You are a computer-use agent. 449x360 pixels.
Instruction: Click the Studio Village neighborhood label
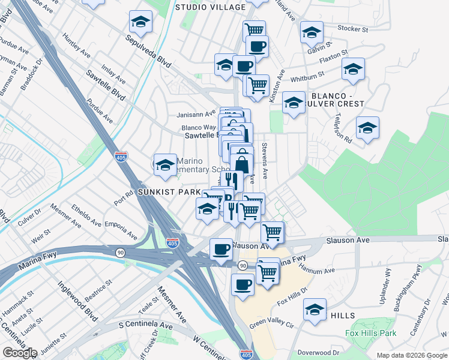click(x=210, y=7)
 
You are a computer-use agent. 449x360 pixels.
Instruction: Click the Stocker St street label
click(x=352, y=28)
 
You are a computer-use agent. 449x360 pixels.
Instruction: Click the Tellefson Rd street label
click(x=343, y=127)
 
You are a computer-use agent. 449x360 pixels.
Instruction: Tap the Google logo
click(x=20, y=353)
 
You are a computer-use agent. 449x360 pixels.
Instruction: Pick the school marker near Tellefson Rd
click(x=367, y=127)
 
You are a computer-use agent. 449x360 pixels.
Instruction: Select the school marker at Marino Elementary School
click(x=164, y=164)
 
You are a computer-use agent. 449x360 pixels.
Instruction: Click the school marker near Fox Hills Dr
click(x=315, y=309)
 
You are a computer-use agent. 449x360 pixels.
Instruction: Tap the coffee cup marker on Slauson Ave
click(x=221, y=248)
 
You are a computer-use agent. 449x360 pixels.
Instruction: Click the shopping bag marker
click(x=241, y=163)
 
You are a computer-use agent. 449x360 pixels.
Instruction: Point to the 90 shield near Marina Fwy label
click(x=243, y=265)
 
